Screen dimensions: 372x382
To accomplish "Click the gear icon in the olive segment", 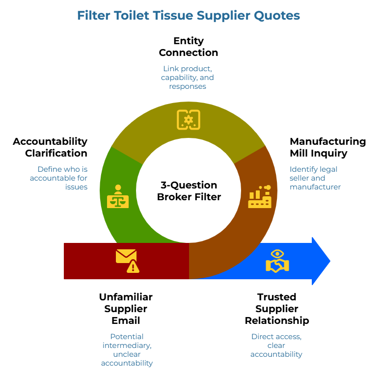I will click(x=188, y=120).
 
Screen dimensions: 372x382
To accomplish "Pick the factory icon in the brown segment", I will click(x=259, y=197).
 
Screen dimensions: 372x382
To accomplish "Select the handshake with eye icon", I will click(x=277, y=261).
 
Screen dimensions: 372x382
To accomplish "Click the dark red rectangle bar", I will click(x=88, y=261).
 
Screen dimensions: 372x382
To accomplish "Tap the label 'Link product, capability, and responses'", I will click(x=188, y=77).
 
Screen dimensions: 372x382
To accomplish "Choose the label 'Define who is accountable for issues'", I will click(x=59, y=178).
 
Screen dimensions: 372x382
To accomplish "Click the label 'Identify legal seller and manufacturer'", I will click(x=315, y=178).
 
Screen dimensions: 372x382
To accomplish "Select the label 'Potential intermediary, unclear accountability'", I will click(x=127, y=349).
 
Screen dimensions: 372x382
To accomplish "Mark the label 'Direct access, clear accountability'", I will click(x=276, y=345).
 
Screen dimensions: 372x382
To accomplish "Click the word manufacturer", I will click(x=315, y=186).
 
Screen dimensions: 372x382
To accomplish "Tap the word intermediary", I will click(x=127, y=345).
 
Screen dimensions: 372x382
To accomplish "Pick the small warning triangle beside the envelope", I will click(x=133, y=267).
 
